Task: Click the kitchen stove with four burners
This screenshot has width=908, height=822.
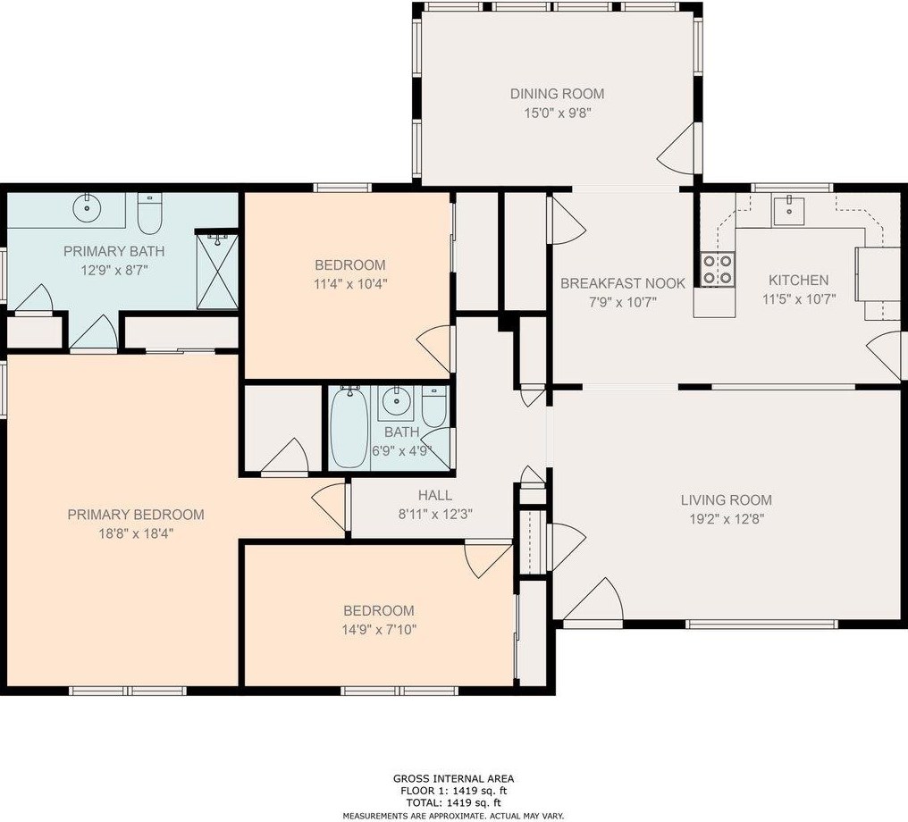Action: point(718,270)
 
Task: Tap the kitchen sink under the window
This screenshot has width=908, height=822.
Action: point(788,211)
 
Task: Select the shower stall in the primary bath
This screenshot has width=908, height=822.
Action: point(217,271)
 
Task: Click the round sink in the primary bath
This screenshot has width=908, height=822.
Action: point(87,206)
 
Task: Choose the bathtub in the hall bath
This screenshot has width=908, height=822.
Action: point(349,427)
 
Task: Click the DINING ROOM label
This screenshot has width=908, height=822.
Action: point(557,94)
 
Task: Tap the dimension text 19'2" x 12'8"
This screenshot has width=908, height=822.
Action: point(727,519)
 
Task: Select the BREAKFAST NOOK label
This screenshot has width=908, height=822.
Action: point(623,283)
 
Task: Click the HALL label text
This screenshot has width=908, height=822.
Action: point(435,496)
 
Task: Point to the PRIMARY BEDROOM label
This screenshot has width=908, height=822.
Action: point(136,514)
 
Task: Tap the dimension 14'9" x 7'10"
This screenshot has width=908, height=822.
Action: point(379,629)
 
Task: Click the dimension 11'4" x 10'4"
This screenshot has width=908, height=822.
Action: point(350,283)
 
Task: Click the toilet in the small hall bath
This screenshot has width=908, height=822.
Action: point(433,405)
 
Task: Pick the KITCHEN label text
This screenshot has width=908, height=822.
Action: point(799,281)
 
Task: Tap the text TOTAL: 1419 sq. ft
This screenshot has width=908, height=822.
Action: point(453,802)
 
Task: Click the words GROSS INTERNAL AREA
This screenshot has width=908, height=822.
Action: point(453,779)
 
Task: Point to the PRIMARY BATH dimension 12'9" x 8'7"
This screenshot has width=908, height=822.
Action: point(114,270)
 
